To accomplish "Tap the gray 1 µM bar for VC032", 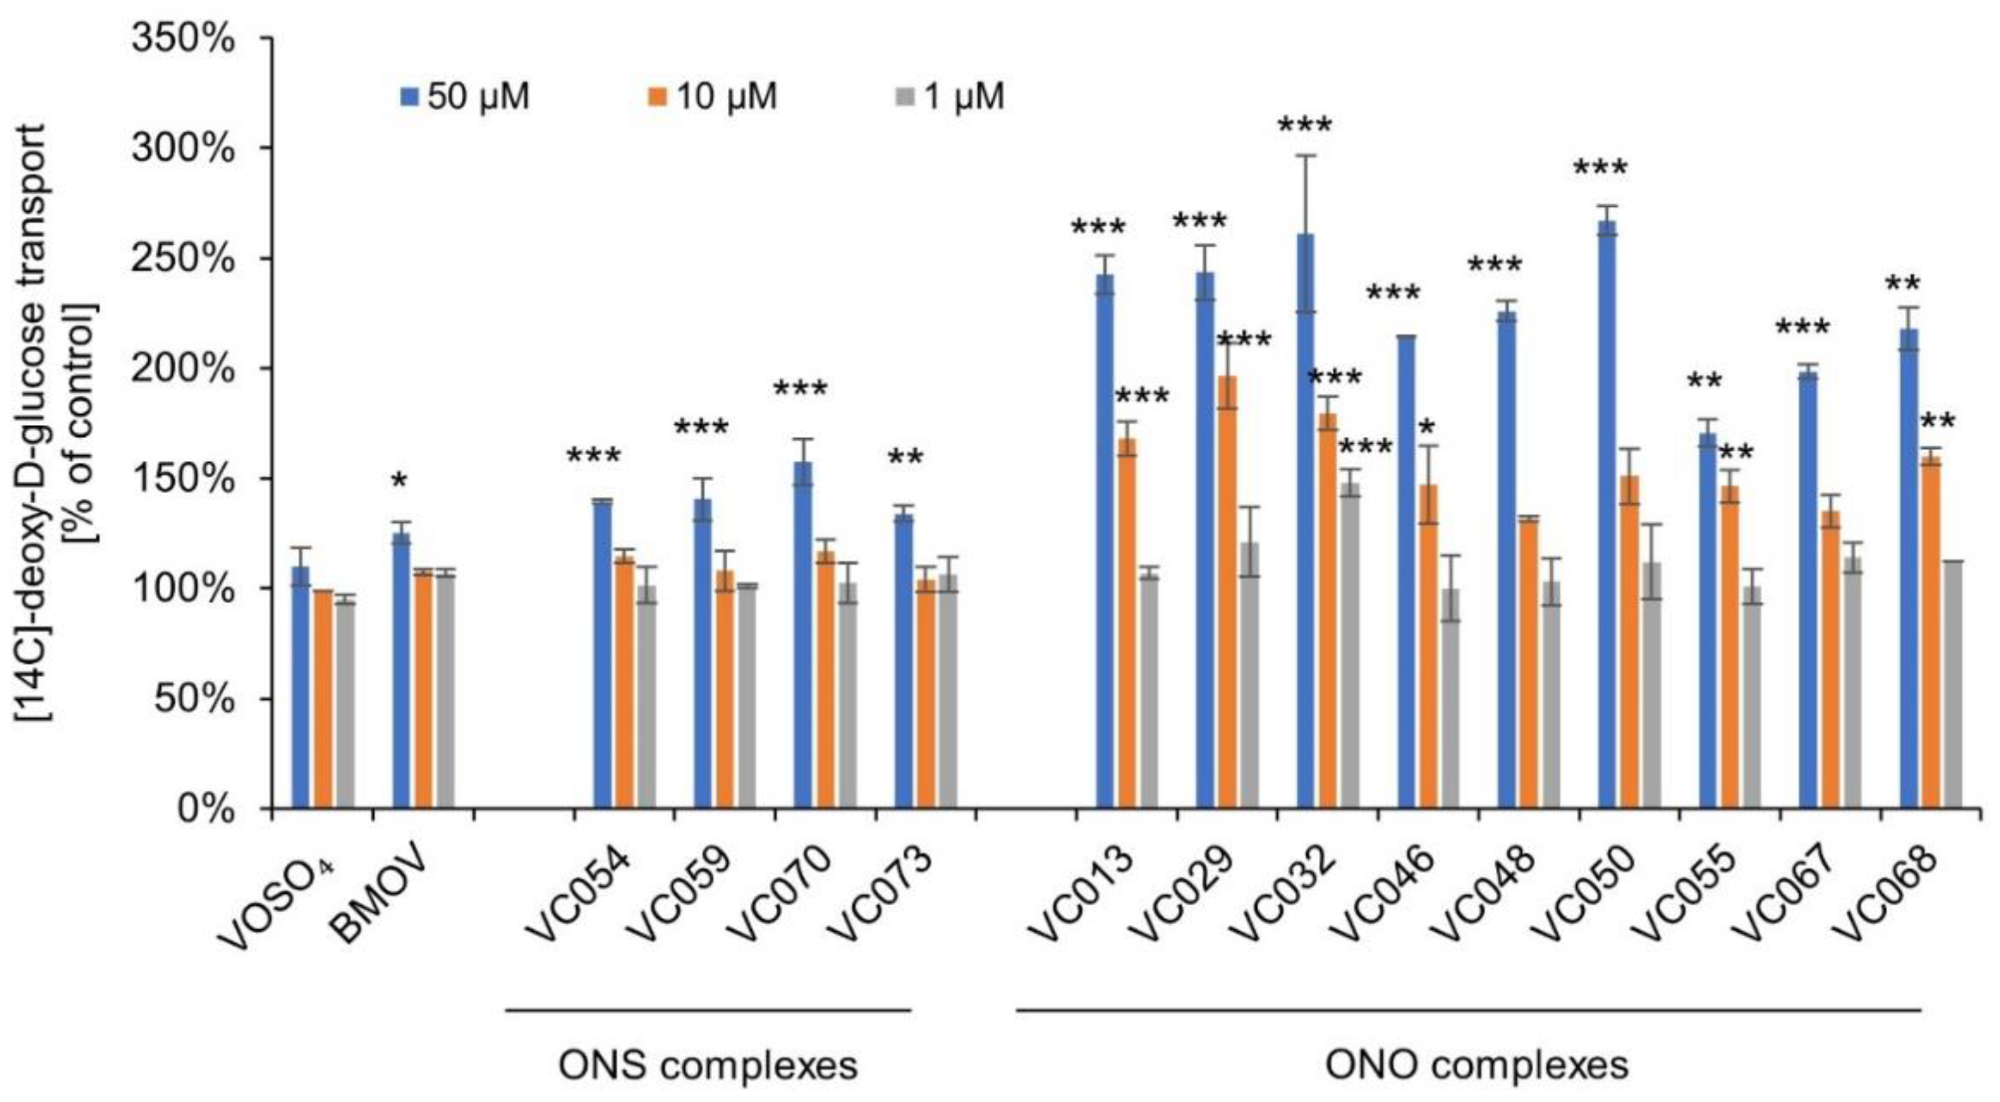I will coord(1350,644).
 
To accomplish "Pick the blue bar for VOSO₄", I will coord(300,687).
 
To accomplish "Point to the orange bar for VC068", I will coord(1931,632).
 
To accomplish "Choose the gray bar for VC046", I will coord(1450,699).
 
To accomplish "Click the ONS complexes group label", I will coord(708,1065).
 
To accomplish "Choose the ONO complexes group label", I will coord(1476,1065).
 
